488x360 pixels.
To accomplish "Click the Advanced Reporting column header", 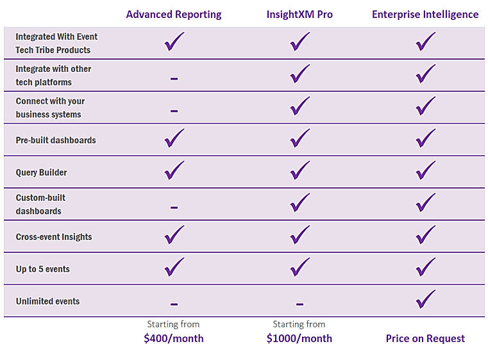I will tap(174, 15).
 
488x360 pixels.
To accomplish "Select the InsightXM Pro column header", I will tap(299, 15).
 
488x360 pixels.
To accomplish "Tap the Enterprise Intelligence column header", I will tap(425, 15).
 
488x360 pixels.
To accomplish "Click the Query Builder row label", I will tap(41, 173).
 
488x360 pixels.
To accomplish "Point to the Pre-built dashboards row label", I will tap(56, 141).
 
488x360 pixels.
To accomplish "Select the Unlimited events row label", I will tap(47, 301).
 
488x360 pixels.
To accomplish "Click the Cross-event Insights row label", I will tap(54, 237).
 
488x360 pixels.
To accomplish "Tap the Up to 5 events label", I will tap(42, 269).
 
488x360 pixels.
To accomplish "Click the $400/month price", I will tap(174, 338).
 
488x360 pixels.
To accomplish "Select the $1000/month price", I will tap(299, 338).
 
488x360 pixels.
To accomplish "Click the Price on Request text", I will tap(425, 339).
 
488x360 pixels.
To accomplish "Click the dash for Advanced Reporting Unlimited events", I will tap(174, 304).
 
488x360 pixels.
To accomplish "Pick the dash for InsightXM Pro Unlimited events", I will tap(299, 304).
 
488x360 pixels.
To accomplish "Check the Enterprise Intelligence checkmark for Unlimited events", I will tap(425, 299).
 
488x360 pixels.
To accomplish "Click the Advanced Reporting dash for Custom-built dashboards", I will tap(174, 207).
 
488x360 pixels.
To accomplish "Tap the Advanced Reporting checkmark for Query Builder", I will tap(174, 171).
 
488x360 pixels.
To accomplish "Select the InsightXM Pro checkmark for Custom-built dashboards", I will tap(299, 203).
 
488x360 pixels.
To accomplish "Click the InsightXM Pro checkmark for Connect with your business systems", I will tap(299, 107).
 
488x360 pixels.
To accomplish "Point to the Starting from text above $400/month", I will tap(173, 324).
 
